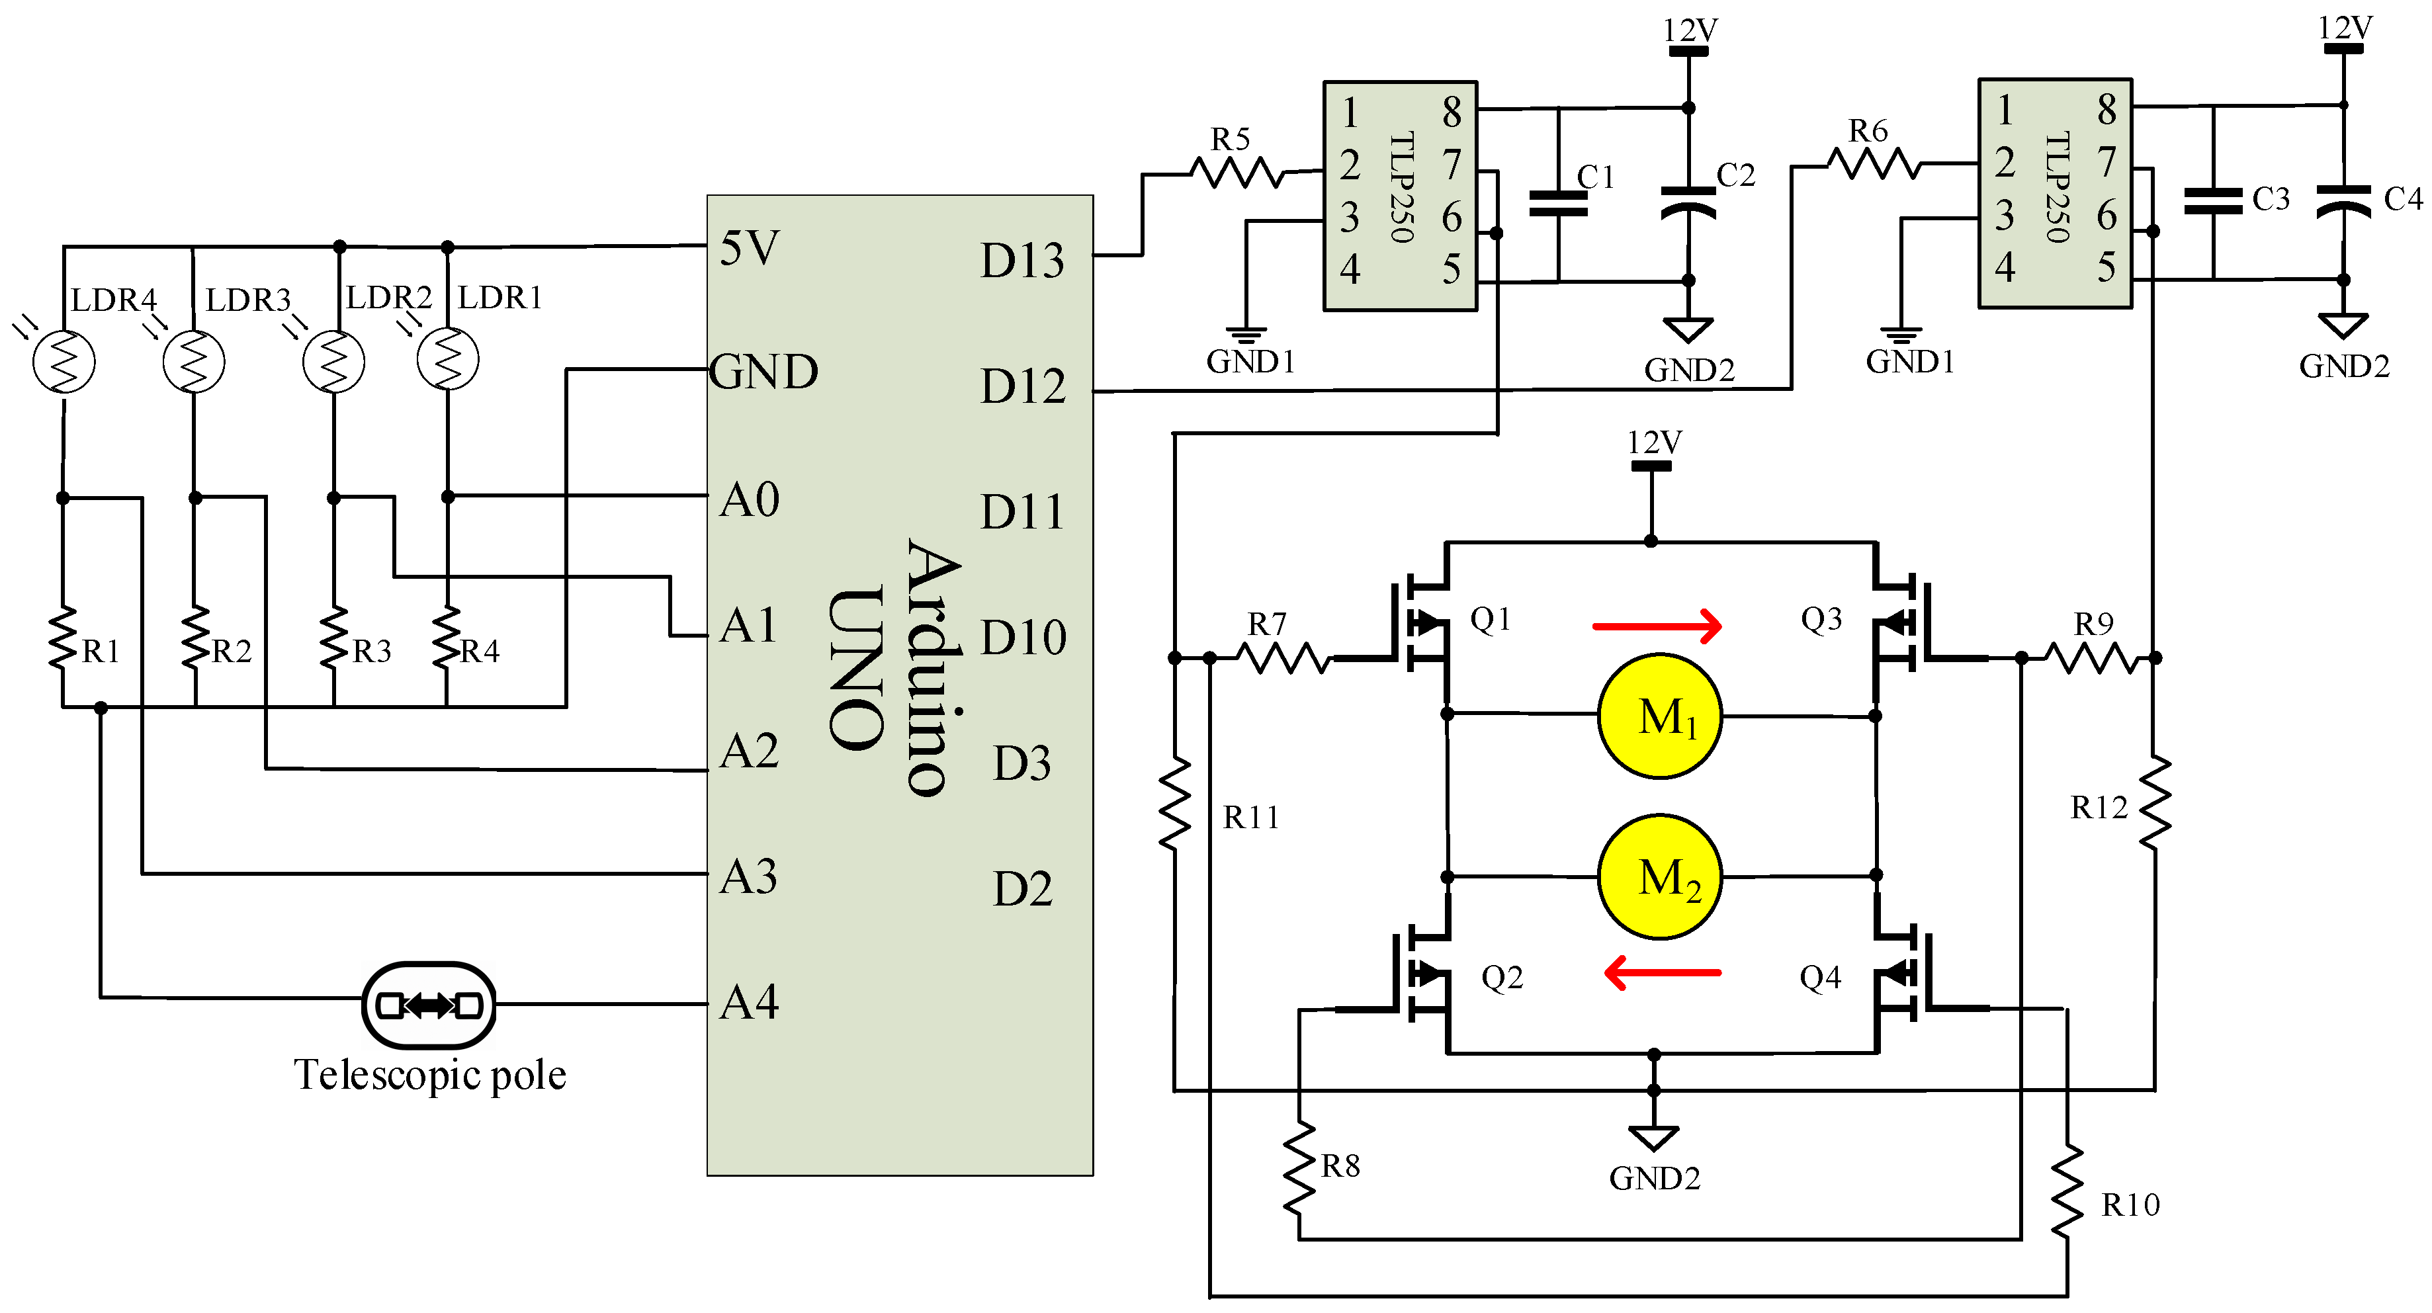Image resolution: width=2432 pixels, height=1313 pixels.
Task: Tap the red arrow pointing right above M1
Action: (x=1657, y=625)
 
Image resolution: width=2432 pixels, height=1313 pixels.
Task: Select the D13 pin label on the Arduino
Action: (x=1021, y=261)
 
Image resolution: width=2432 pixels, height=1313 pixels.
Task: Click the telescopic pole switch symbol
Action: (x=429, y=1005)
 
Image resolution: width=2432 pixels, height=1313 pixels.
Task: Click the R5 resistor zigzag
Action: (x=1237, y=173)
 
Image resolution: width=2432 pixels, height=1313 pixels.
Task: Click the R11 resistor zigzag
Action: (x=1174, y=804)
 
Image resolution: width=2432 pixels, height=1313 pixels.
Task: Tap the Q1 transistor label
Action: (x=1490, y=619)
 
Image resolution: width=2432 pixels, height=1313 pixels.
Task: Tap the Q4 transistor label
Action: (x=1819, y=978)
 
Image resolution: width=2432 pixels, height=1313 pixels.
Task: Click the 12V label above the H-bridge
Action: (x=1653, y=442)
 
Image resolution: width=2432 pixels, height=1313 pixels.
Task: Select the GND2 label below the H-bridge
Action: (x=1654, y=1178)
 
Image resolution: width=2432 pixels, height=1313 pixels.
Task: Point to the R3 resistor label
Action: (x=371, y=652)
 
